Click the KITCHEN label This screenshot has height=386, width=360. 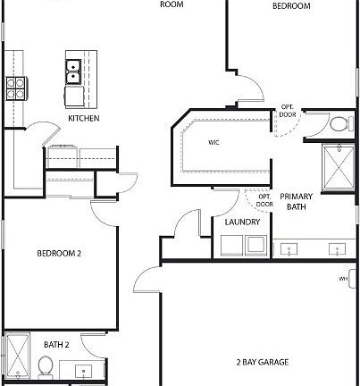pos(83,119)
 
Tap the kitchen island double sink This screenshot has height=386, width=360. pos(73,71)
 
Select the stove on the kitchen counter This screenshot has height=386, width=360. pos(16,87)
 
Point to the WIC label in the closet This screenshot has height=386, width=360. pos(214,141)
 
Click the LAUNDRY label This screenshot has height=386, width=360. pos(242,222)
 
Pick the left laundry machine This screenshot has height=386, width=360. pos(231,245)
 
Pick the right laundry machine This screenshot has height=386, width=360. pos(255,245)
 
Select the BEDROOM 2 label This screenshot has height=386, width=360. pos(59,254)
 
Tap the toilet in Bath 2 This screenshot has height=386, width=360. pos(45,365)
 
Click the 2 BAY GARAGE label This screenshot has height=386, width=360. pos(263,362)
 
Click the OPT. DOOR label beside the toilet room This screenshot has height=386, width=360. pos(288,110)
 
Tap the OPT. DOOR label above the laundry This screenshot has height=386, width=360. pos(264,200)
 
